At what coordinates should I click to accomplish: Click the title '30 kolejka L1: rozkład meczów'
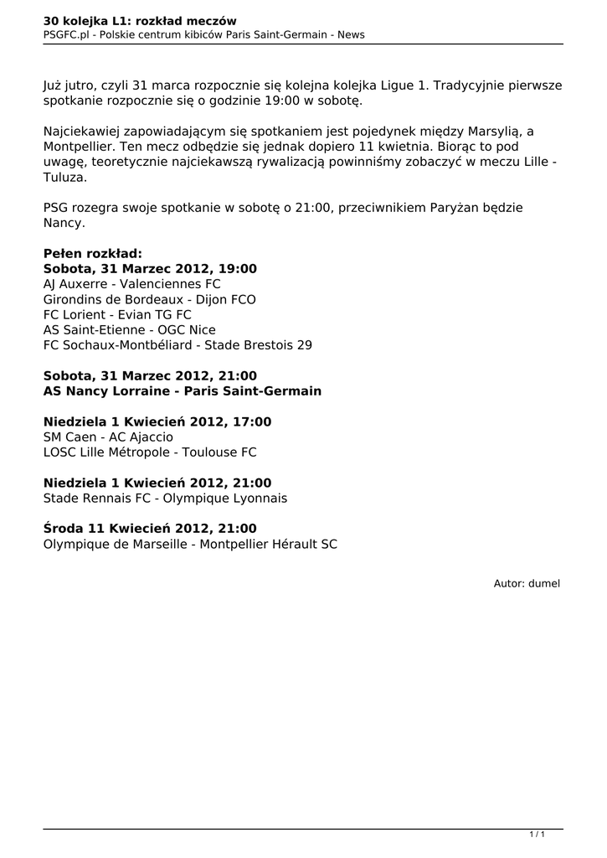[140, 20]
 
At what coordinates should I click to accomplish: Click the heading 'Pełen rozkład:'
[93, 254]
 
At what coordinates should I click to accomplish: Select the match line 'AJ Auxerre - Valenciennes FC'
[131, 284]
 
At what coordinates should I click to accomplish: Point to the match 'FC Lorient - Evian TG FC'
[117, 314]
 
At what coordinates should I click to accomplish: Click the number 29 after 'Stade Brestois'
[304, 344]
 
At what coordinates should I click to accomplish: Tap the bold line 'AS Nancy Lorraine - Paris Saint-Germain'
[183, 391]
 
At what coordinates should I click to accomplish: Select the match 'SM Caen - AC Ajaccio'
[108, 437]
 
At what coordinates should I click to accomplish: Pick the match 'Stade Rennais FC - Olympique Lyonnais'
[165, 499]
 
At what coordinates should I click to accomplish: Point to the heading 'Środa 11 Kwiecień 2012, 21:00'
[150, 529]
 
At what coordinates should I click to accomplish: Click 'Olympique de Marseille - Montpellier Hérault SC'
[191, 544]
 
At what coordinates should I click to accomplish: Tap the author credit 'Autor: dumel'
[527, 583]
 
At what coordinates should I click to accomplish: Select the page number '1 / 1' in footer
[538, 834]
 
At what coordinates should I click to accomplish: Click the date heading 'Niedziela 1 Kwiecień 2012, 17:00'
[157, 422]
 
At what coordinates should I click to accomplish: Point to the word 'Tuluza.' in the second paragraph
[64, 178]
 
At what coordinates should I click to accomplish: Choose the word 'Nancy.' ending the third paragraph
[64, 224]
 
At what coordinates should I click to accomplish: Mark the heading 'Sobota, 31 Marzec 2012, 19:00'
[150, 269]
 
